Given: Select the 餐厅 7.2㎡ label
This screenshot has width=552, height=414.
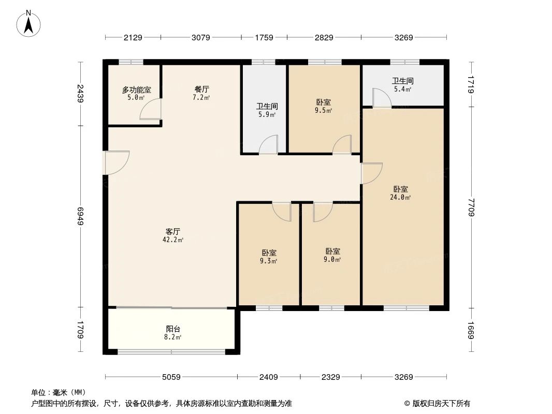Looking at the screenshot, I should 202,93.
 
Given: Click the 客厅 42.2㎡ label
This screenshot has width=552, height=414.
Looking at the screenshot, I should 173,235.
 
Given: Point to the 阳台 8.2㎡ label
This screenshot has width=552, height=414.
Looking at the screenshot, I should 173,333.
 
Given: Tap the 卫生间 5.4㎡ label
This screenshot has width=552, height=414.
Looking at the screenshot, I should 402,85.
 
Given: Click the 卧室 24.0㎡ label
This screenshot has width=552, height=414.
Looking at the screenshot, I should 401,193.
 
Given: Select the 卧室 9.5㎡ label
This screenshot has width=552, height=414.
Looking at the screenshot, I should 323,106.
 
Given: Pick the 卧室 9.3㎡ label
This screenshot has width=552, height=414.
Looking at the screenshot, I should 269,256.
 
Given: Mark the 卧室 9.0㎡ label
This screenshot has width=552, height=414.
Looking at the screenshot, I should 332,255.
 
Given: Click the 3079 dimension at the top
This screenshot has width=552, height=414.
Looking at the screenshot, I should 200,37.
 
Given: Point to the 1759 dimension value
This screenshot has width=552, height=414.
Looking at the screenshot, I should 264,37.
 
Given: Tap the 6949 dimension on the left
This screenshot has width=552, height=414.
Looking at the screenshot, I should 80,216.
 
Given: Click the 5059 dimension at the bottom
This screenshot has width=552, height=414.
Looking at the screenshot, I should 171,377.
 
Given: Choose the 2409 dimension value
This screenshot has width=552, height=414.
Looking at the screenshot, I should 269,377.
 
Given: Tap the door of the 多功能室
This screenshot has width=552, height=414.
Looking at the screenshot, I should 151,109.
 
